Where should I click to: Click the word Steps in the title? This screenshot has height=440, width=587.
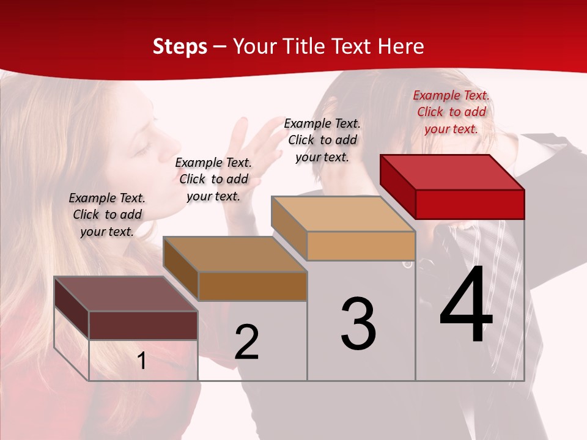click(x=180, y=46)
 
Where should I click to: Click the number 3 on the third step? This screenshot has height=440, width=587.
click(x=358, y=324)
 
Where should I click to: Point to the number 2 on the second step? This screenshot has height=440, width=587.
click(x=246, y=342)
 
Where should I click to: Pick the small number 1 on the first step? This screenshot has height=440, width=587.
click(x=142, y=361)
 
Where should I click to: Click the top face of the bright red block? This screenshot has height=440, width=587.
click(x=452, y=172)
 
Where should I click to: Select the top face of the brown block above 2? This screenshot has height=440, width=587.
click(x=235, y=254)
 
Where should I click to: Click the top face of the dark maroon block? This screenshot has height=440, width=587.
click(x=126, y=294)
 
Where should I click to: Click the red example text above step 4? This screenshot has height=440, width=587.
click(x=451, y=112)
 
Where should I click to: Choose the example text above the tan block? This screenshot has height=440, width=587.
click(x=322, y=140)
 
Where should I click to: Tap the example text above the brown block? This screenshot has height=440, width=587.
click(x=213, y=179)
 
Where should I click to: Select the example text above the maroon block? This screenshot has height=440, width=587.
click(x=107, y=215)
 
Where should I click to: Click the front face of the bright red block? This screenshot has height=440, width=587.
click(x=470, y=204)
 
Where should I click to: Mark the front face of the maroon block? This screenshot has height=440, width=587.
click(x=143, y=325)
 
